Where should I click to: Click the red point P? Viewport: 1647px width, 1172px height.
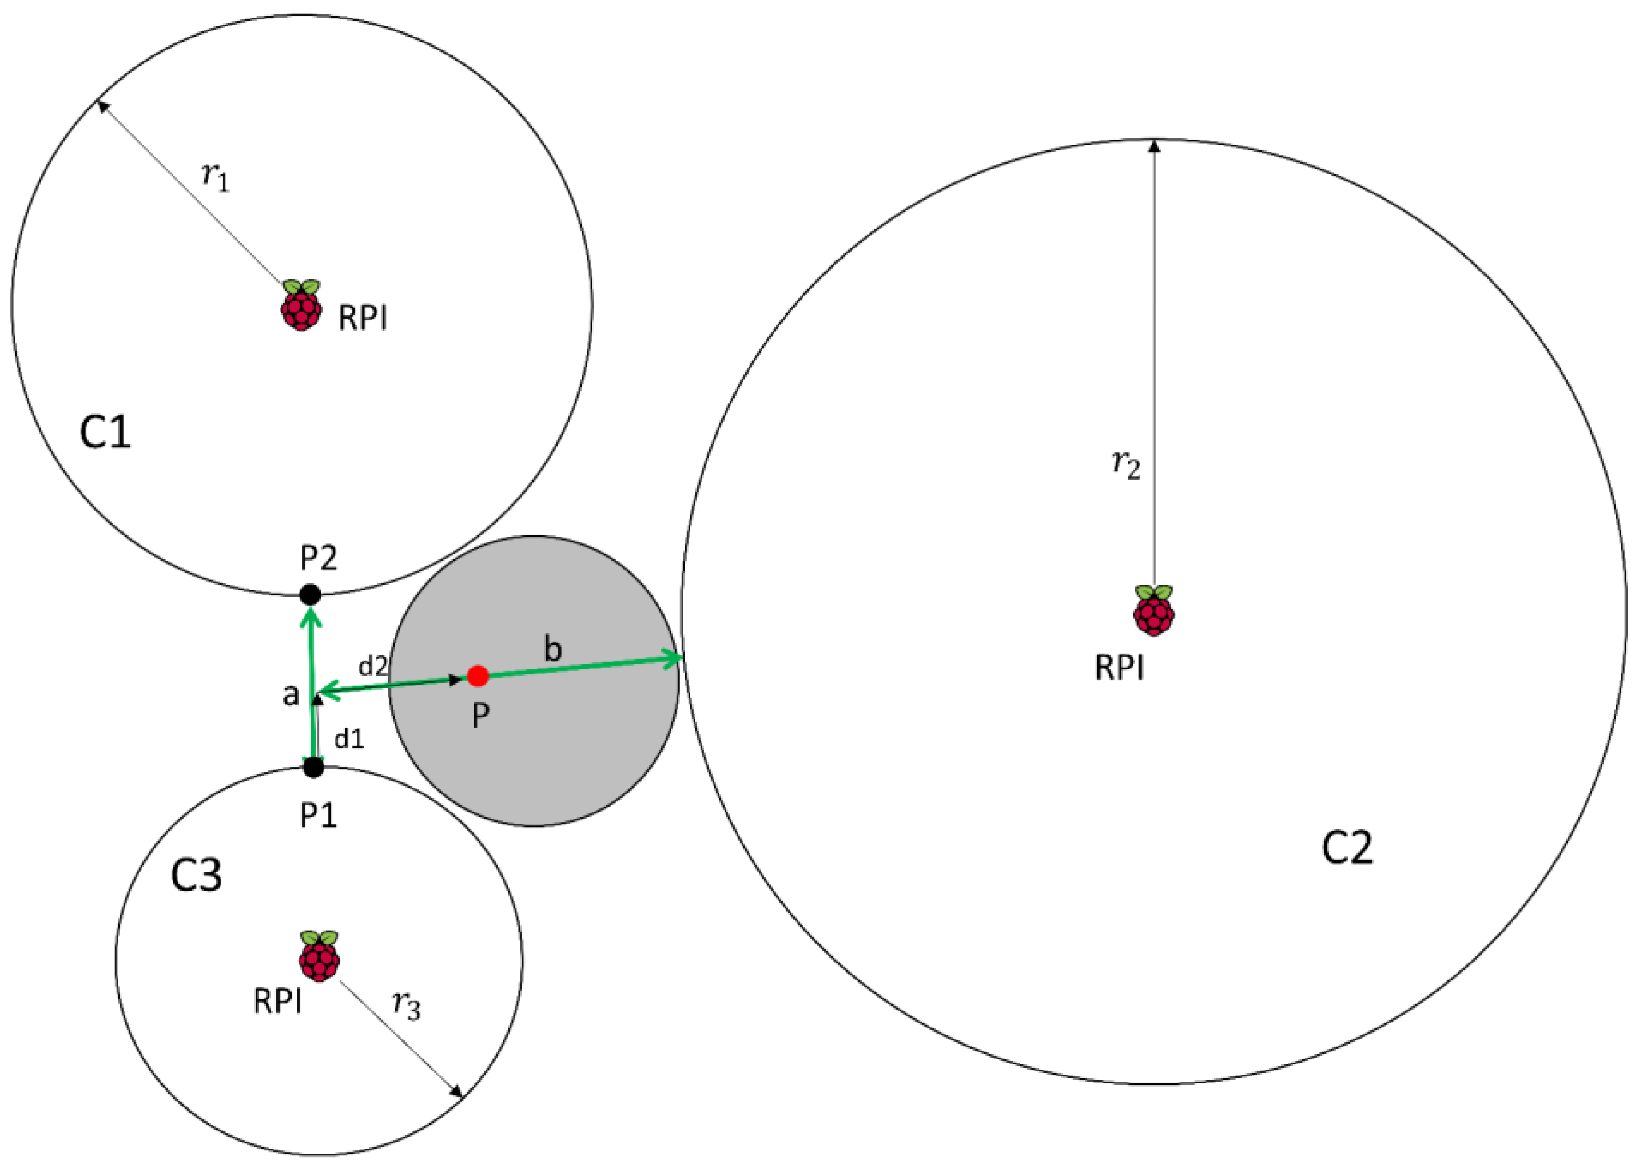click(x=478, y=676)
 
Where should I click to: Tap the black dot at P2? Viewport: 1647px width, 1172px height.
click(x=310, y=595)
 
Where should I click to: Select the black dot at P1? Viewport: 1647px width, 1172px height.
click(x=313, y=767)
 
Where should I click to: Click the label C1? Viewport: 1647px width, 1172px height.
click(x=105, y=433)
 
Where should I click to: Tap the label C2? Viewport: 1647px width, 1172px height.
click(x=1347, y=848)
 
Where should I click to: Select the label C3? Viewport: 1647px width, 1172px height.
click(x=196, y=875)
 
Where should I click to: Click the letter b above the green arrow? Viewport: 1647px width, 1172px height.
click(x=552, y=650)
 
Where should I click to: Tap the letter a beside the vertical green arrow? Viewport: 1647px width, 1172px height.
click(x=290, y=695)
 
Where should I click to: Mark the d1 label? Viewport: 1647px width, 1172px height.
click(x=349, y=738)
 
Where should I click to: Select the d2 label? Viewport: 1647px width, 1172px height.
click(x=373, y=666)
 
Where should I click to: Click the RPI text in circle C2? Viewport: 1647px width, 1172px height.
click(x=1119, y=668)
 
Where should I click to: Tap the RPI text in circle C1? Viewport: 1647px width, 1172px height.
click(x=363, y=317)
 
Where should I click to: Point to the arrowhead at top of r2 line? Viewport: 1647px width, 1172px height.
click(x=1154, y=145)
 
